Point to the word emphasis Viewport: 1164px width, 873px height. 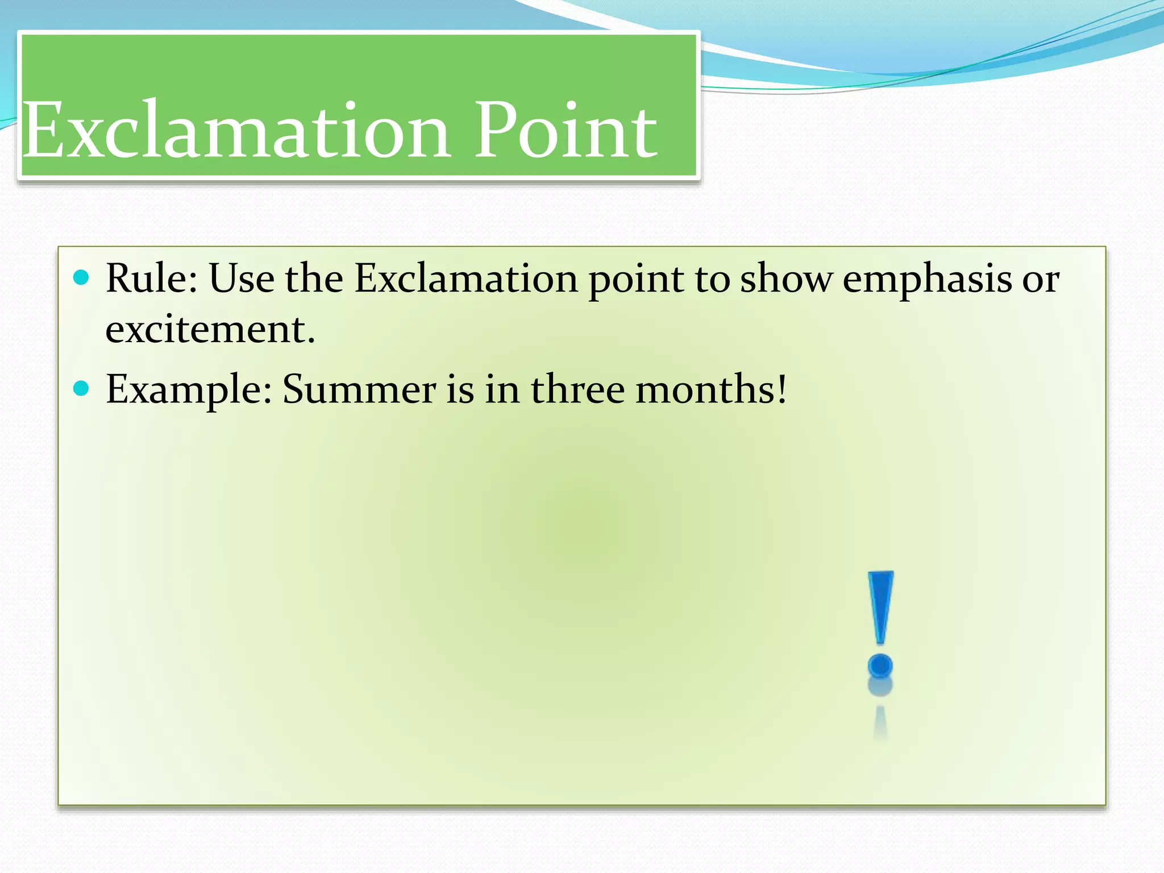tap(927, 280)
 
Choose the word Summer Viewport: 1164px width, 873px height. tap(359, 389)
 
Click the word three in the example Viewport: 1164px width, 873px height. tap(577, 389)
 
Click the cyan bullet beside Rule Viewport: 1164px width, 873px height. tap(82, 277)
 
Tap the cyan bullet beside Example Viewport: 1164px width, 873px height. tap(82, 388)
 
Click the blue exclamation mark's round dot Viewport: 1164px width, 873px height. tap(880, 666)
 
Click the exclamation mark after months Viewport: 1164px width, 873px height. tap(782, 388)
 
